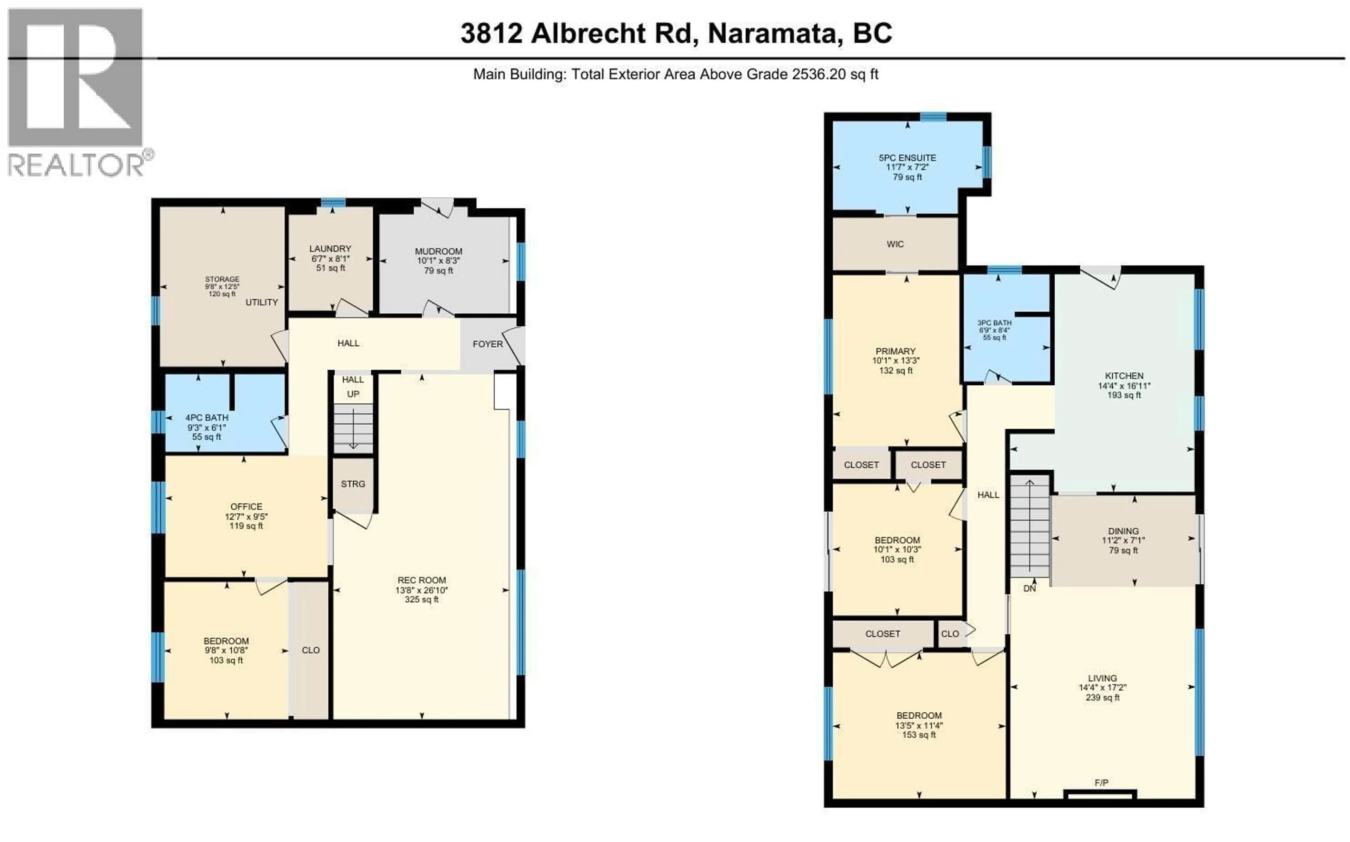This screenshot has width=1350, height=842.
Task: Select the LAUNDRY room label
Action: click(330, 248)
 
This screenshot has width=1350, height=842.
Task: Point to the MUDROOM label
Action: click(438, 251)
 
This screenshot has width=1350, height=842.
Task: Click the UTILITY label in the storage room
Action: click(261, 302)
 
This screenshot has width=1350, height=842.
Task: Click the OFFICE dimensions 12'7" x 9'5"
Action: click(246, 516)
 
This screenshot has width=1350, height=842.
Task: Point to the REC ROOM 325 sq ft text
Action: click(422, 600)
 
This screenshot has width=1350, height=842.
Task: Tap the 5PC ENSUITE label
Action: click(907, 158)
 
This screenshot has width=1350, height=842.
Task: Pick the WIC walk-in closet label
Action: click(895, 244)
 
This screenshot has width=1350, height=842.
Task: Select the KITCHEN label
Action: click(1124, 376)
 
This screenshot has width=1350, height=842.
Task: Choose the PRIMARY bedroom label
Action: click(895, 351)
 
